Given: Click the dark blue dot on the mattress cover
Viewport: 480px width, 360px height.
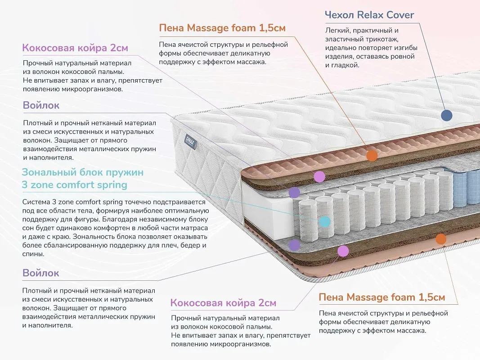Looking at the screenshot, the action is click(x=447, y=115).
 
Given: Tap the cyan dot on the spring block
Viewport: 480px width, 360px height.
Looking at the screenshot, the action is click(x=325, y=221).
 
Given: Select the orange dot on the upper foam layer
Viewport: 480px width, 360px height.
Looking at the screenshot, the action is click(x=372, y=156).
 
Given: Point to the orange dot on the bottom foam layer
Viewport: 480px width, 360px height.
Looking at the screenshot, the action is click(x=441, y=239).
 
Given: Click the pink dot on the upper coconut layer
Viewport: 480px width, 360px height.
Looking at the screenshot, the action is click(x=319, y=177).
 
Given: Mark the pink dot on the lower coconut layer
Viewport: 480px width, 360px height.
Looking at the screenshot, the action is click(x=343, y=251).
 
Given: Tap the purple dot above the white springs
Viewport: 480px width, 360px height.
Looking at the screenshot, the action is click(x=295, y=192).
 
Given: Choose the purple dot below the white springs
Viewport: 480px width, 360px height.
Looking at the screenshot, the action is click(x=295, y=245).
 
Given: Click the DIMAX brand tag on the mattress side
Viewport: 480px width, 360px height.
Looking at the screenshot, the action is click(x=190, y=140).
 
